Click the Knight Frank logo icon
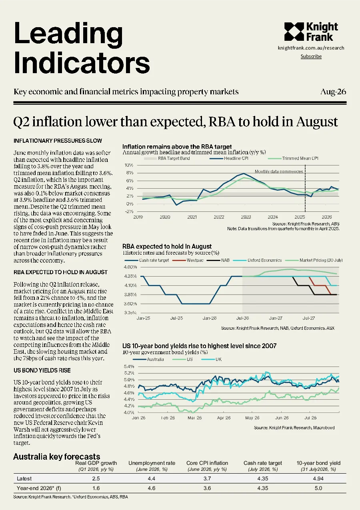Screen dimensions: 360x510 (294, 32)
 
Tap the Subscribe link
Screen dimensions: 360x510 (311, 56)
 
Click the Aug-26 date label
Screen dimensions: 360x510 (333, 92)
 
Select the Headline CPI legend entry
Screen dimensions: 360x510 (229, 158)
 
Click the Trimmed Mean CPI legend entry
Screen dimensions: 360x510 (293, 158)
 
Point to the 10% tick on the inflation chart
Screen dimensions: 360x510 (129, 165)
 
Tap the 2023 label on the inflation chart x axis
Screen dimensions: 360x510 (246, 217)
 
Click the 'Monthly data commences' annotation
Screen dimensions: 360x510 (279, 171)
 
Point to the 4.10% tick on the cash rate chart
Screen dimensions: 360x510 (130, 285)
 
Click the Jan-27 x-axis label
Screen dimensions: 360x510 (276, 318)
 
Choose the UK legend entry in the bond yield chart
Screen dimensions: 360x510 (212, 359)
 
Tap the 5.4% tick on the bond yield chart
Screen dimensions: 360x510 (129, 367)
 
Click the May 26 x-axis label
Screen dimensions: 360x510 (252, 418)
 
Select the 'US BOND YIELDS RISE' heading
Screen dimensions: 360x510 (42, 371)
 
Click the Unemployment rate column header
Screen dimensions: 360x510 (152, 463)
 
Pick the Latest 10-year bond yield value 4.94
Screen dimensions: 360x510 (318, 478)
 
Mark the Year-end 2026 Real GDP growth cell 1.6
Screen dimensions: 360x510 (96, 488)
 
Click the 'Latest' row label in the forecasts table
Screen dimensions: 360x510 (24, 478)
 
